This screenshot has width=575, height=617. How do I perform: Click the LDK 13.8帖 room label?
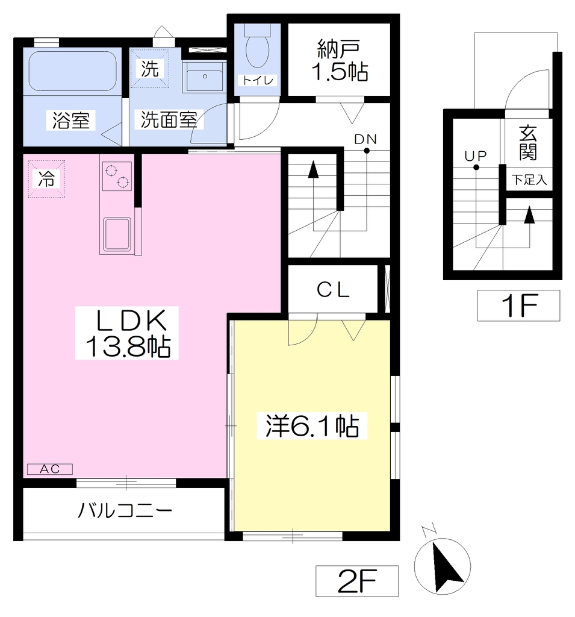[x=127, y=333]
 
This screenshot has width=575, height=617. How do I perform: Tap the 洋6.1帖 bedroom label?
[x=312, y=426]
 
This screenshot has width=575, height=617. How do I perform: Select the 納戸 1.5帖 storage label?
[x=340, y=60]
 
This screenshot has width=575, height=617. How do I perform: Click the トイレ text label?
[x=258, y=80]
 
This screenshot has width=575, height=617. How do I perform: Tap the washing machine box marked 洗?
[x=149, y=69]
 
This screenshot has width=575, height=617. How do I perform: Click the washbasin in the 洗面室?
[x=205, y=77]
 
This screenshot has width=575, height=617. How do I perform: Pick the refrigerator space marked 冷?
[x=46, y=179]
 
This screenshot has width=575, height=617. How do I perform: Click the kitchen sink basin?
[x=117, y=234]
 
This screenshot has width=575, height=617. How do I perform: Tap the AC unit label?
[x=50, y=469]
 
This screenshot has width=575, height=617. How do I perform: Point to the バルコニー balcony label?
[x=125, y=511]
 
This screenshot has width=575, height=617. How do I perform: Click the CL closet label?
[x=333, y=290]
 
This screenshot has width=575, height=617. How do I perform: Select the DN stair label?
[x=365, y=139]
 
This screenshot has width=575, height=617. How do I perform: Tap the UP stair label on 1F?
[x=476, y=156]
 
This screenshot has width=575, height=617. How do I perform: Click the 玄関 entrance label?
[x=528, y=143]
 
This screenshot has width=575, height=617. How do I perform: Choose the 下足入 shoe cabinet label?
[x=529, y=180]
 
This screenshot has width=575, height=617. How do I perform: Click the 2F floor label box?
[x=357, y=581]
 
